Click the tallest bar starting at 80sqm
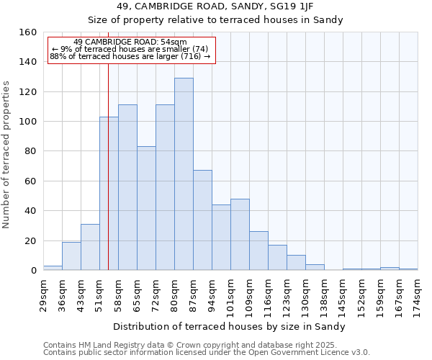pyautogui.click(x=184, y=174)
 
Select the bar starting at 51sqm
pyautogui.click(x=109, y=194)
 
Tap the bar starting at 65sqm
pyautogui.click(x=146, y=208)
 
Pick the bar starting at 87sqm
pyautogui.click(x=202, y=220)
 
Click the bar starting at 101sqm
pyautogui.click(x=240, y=235)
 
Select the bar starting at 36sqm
pyautogui.click(x=71, y=256)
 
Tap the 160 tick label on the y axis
pyautogui.click(x=28, y=32)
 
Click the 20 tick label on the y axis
pyautogui.click(x=31, y=240)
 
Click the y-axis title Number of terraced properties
pyautogui.click(x=6, y=155)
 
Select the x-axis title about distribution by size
pyautogui.click(x=230, y=327)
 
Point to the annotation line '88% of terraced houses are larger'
pyautogui.click(x=130, y=56)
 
